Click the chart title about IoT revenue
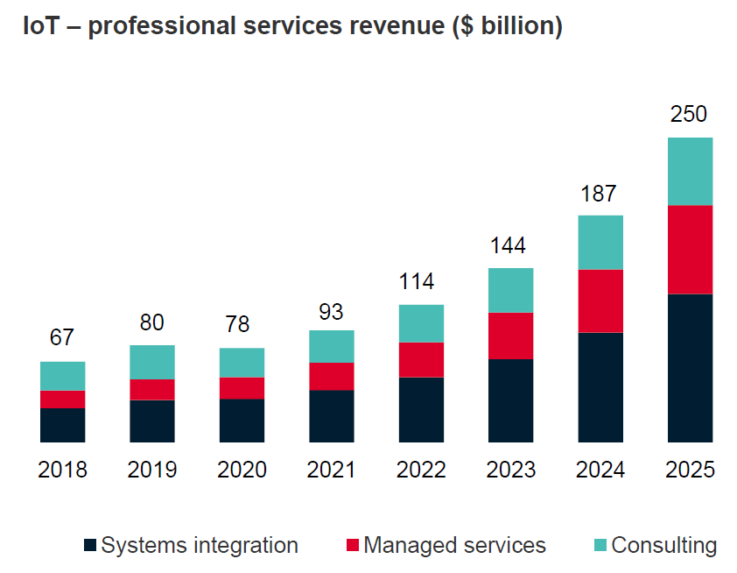tap(292, 26)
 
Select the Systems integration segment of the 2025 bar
tap(690, 368)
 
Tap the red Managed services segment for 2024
tap(600, 301)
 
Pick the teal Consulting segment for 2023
tap(510, 290)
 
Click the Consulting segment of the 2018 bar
tap(62, 376)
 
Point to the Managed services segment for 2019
tap(152, 389)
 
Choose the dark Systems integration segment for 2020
tap(242, 421)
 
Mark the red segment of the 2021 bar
tap(332, 376)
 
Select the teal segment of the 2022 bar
tap(421, 323)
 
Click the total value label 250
tap(689, 115)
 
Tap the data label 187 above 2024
tap(600, 194)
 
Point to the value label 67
tap(62, 338)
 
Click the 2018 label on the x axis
tap(62, 470)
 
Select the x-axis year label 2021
tap(332, 470)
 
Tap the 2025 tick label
tap(690, 470)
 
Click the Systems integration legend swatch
tap(90, 546)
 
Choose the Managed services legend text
tap(454, 546)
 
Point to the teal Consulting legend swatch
tap(600, 546)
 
